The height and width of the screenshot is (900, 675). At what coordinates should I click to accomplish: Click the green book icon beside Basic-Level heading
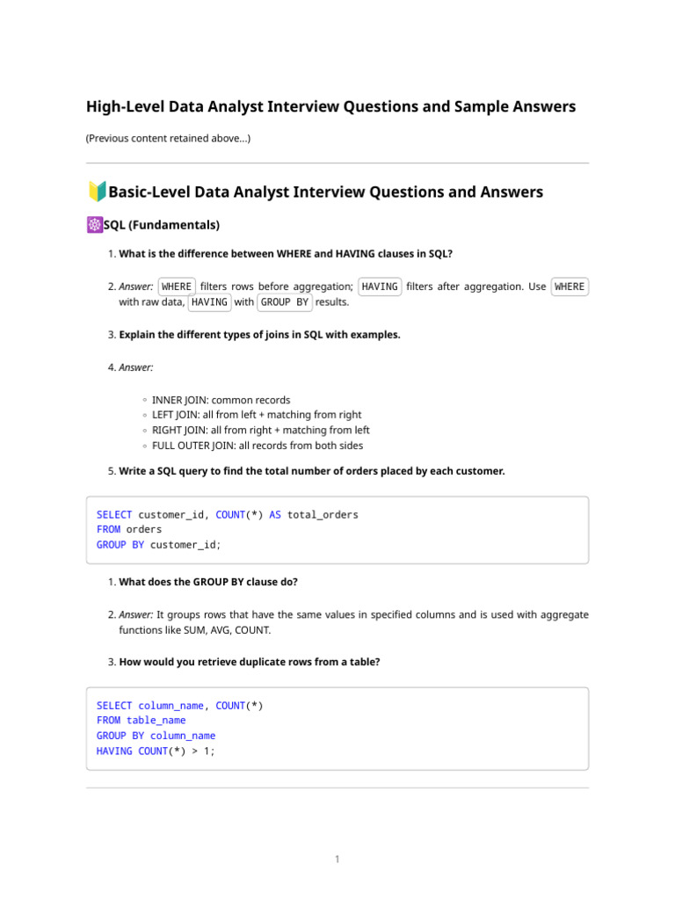97,192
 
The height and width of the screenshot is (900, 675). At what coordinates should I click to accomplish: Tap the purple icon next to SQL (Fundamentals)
94,226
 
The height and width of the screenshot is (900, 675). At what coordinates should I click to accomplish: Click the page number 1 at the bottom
337,859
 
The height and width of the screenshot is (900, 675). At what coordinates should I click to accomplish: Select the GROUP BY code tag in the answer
285,302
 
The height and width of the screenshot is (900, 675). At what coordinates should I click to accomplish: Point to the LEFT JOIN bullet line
256,415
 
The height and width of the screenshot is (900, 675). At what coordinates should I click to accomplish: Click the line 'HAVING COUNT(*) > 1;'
156,751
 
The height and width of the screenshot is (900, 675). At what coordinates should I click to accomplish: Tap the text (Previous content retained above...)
168,138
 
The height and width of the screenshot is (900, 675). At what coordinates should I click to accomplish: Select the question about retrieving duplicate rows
250,662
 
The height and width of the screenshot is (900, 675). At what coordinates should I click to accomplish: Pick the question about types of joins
259,335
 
